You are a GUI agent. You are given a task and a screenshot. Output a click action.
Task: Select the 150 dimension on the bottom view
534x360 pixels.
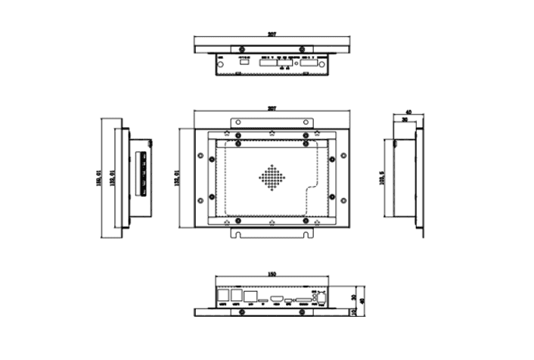(272, 274)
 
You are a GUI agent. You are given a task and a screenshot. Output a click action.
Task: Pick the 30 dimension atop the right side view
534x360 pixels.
(405, 119)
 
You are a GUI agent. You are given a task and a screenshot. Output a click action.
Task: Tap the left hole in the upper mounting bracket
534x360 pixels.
(238, 123)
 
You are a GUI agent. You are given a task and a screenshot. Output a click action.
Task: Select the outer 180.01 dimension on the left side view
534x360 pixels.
(100, 178)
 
